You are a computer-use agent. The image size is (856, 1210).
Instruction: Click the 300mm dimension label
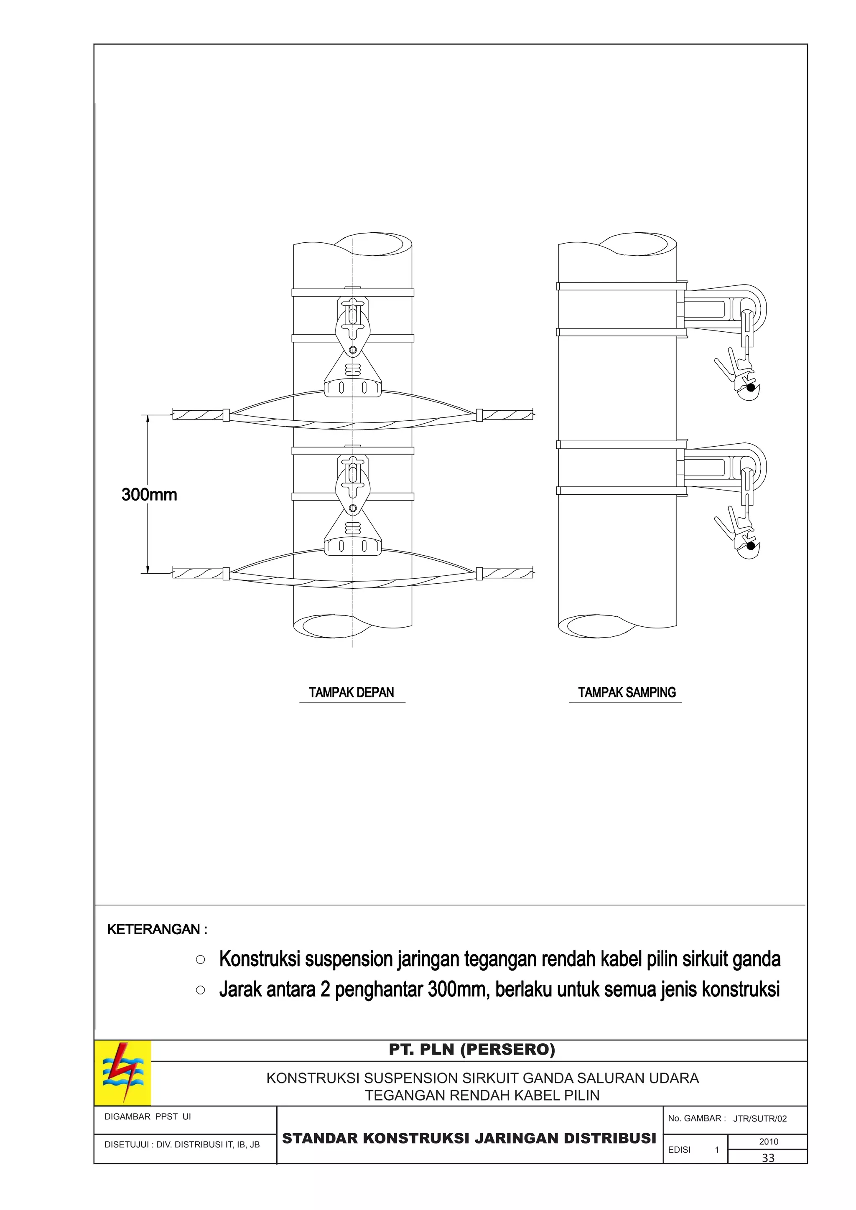click(149, 495)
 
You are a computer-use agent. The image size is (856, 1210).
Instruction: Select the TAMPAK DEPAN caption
click(352, 692)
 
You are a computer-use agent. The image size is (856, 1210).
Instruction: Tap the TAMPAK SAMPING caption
click(627, 692)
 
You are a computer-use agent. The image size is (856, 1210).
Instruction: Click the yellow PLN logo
click(123, 1073)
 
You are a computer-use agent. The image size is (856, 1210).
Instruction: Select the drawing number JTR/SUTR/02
click(759, 1119)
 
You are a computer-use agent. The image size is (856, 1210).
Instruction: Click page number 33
click(768, 1158)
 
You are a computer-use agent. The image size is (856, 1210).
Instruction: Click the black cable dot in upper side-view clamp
click(751, 387)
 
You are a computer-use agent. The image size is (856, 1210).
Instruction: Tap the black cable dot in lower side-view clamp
click(751, 545)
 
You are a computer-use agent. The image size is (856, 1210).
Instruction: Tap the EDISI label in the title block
click(679, 1150)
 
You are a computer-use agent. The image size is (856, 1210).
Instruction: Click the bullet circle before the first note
click(200, 960)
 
